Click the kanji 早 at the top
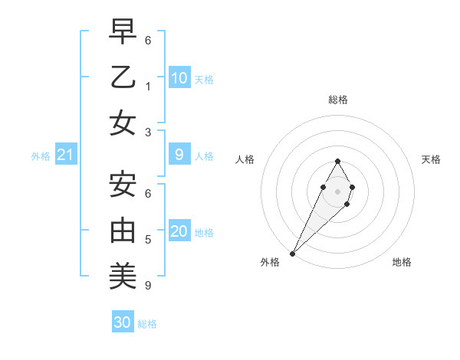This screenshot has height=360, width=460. (123, 33)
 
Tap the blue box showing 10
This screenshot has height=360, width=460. (179, 77)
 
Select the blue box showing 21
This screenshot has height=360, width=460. (65, 155)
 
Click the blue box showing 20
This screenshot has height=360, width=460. (179, 232)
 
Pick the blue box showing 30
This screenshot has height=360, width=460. (123, 322)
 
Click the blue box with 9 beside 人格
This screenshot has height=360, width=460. (179, 155)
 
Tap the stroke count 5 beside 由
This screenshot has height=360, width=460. (147, 240)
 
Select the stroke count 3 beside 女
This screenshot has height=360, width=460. (147, 132)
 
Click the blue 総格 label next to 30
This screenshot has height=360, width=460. (147, 324)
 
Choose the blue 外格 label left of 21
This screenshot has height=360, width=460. (41, 156)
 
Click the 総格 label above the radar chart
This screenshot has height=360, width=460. (337, 100)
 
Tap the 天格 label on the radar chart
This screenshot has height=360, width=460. (431, 159)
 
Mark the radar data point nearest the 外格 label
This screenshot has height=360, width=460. (292, 254)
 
